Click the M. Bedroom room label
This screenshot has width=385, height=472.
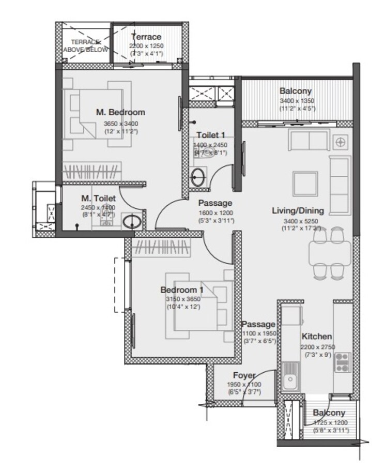(x=120, y=112)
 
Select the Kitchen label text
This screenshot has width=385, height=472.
(x=317, y=336)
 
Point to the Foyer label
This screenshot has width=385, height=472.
(x=243, y=375)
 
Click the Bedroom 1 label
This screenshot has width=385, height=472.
(x=181, y=290)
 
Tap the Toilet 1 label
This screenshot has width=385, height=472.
(x=210, y=135)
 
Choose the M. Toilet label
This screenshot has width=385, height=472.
(x=98, y=198)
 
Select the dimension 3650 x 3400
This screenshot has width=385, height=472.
(x=121, y=123)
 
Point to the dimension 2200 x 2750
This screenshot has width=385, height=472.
(x=317, y=346)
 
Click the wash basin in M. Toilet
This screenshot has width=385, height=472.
(x=131, y=222)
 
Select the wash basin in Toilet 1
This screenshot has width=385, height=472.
(x=197, y=177)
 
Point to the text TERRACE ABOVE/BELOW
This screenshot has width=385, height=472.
(x=86, y=45)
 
